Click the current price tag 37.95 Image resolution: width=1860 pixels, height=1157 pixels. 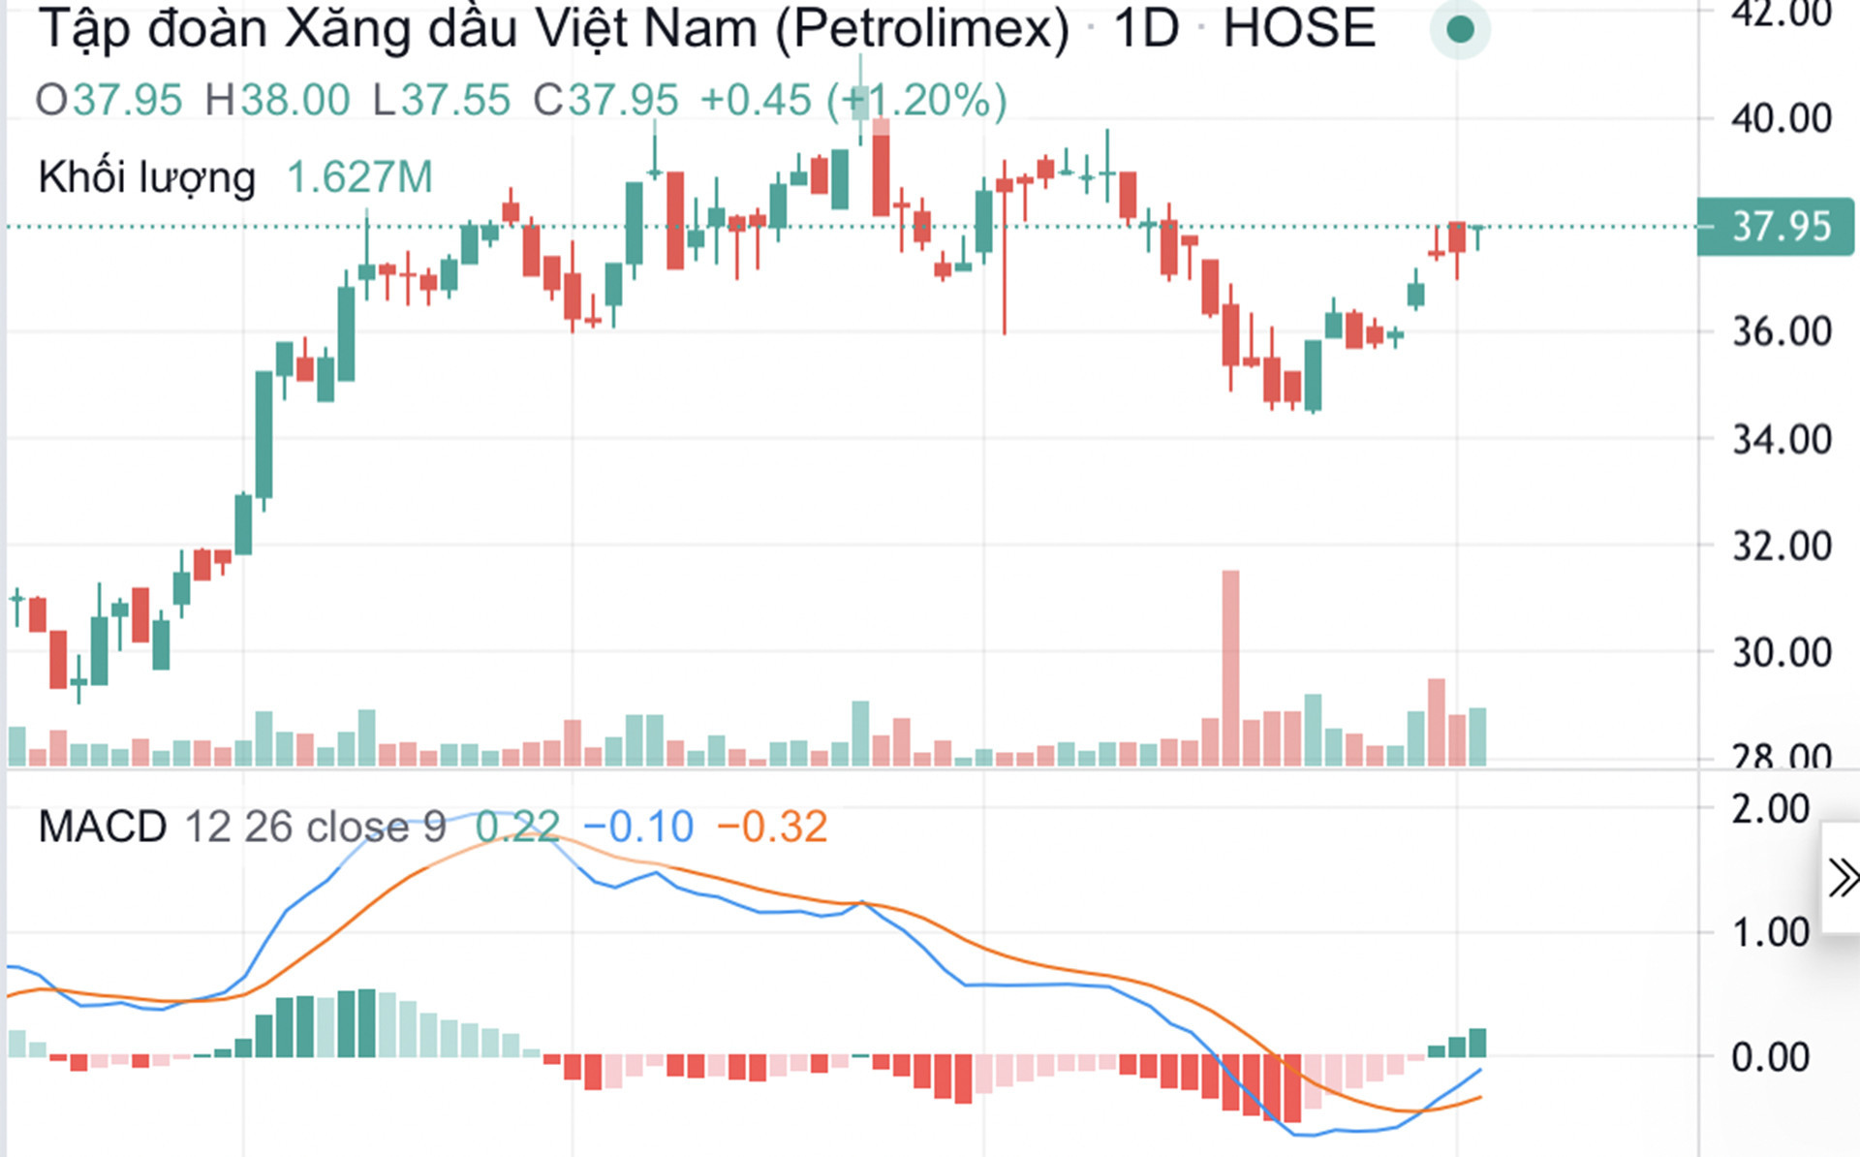pos(1776,227)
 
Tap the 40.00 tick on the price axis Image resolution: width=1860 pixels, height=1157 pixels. pos(1781,119)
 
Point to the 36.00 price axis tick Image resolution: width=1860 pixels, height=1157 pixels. pos(1781,332)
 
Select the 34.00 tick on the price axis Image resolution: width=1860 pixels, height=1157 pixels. pos(1781,440)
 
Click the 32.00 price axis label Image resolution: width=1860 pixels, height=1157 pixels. pos(1781,547)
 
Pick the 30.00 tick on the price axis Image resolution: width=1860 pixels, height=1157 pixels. pos(1781,653)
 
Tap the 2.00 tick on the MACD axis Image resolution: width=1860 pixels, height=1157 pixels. pos(1770,809)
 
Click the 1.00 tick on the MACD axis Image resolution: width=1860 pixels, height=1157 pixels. pos(1770,933)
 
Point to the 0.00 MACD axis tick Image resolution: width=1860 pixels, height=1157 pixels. pos(1770,1057)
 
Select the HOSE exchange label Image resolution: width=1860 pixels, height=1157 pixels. pos(1298,29)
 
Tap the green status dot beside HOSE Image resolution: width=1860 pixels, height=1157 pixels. pos(1460,30)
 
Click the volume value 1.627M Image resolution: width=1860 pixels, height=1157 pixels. pos(359,177)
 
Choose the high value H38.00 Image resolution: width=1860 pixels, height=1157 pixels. pos(277,100)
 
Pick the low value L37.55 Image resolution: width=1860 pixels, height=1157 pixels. pos(442,100)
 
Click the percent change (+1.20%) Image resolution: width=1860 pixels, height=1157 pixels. pos(916,100)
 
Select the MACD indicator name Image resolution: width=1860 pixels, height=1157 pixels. pos(103,828)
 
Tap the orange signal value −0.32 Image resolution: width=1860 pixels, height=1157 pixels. pos(772,828)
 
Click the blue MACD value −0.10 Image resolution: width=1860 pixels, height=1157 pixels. pos(638,828)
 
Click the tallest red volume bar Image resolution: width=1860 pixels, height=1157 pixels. pos(1230,669)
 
